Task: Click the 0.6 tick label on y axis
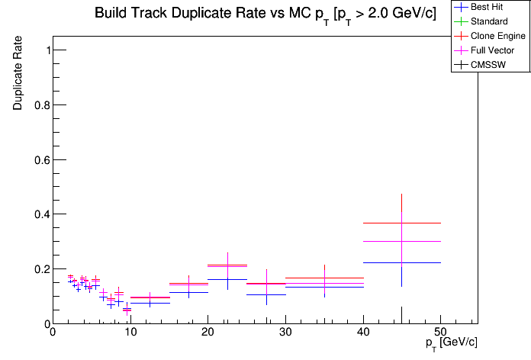pyautogui.click(x=37, y=159)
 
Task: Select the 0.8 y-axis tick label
pyautogui.click(x=37, y=105)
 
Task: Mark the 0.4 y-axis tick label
pyautogui.click(x=37, y=214)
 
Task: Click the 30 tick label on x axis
pyautogui.click(x=285, y=333)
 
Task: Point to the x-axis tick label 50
pyautogui.click(x=441, y=333)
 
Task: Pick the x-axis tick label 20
pyautogui.click(x=208, y=333)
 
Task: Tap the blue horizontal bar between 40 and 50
pyautogui.click(x=381, y=262)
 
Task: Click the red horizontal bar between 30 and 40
pyautogui.click(x=305, y=278)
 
